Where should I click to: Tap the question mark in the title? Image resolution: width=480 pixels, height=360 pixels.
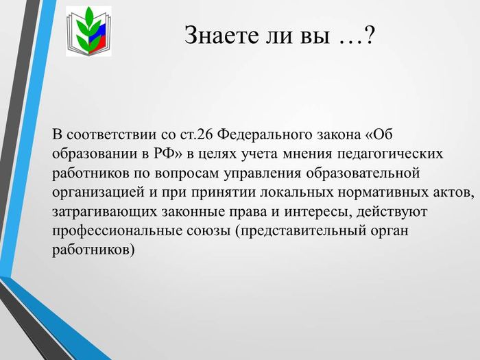(369, 35)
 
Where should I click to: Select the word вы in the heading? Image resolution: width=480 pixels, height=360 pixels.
(314, 37)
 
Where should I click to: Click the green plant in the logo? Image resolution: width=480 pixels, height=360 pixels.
(87, 30)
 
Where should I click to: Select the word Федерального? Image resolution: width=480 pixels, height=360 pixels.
(264, 134)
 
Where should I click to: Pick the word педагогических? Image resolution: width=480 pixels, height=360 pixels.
(390, 154)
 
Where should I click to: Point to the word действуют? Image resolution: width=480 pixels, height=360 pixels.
(392, 213)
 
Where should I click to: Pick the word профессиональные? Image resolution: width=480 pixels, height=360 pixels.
(117, 232)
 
